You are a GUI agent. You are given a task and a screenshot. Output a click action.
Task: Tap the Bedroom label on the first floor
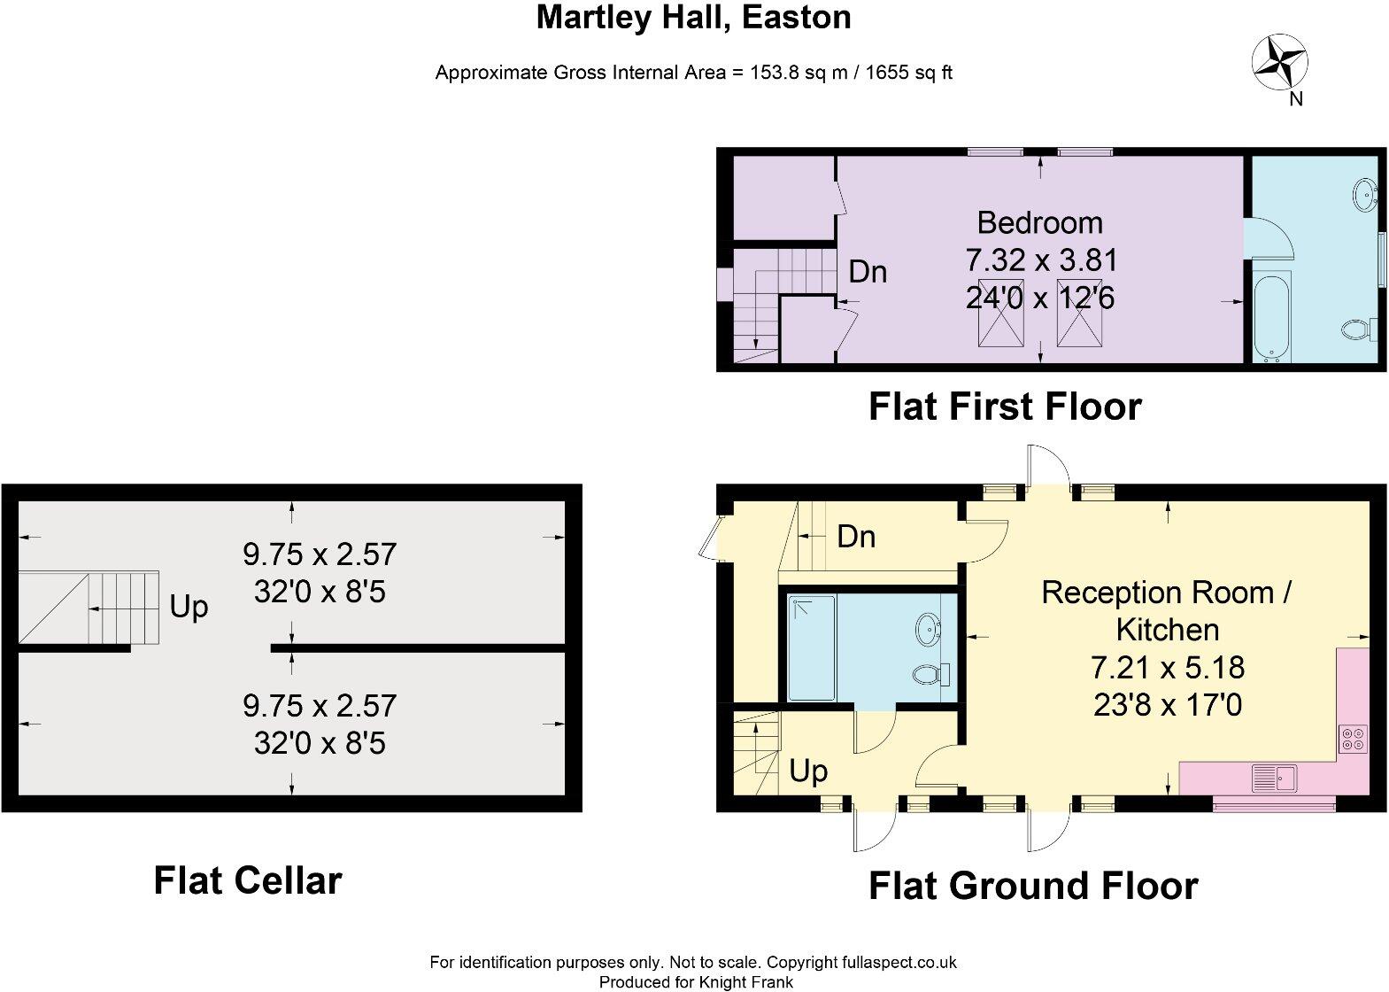(1039, 222)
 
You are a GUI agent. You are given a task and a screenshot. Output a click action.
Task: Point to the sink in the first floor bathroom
(1364, 192)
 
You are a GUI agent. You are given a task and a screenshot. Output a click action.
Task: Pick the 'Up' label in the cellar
(189, 608)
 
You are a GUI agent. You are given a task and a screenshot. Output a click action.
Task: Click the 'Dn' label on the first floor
(868, 272)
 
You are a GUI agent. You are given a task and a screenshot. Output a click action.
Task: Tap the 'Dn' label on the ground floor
(856, 537)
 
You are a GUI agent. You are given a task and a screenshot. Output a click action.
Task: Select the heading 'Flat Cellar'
(248, 880)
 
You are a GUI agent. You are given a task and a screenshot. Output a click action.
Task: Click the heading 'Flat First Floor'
(1005, 407)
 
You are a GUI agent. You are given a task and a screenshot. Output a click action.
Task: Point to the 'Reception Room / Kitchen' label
(1167, 610)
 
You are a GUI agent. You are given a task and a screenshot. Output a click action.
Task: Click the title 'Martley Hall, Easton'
(693, 17)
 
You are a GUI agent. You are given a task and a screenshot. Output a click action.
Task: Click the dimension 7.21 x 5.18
(1167, 667)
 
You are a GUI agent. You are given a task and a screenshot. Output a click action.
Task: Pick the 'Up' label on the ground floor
(808, 771)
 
